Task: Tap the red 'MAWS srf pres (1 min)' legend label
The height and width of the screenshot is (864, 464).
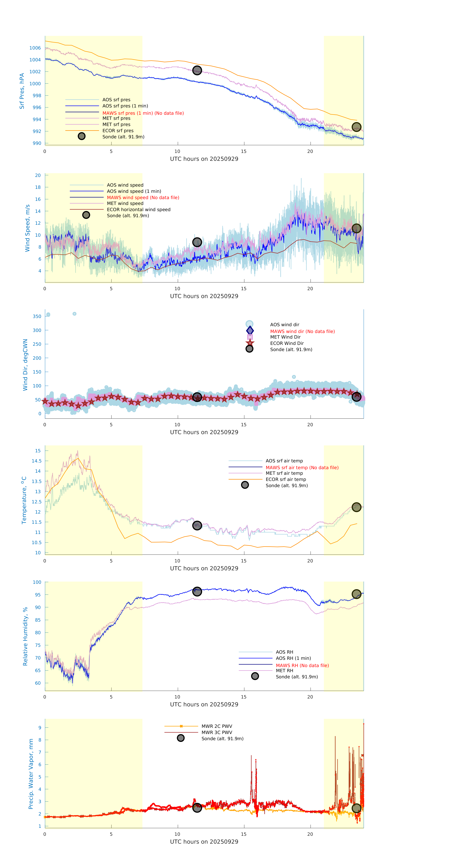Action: point(143,113)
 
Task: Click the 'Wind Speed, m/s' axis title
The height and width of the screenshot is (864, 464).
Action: point(28,228)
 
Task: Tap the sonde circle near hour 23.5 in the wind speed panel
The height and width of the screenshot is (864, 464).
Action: point(356,228)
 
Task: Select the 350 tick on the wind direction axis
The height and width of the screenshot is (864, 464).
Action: point(37,316)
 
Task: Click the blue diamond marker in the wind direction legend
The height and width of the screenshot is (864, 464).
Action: point(250,330)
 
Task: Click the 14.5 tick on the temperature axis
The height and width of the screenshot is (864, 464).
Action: point(37,461)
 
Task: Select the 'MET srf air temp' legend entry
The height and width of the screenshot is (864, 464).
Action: point(284,473)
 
